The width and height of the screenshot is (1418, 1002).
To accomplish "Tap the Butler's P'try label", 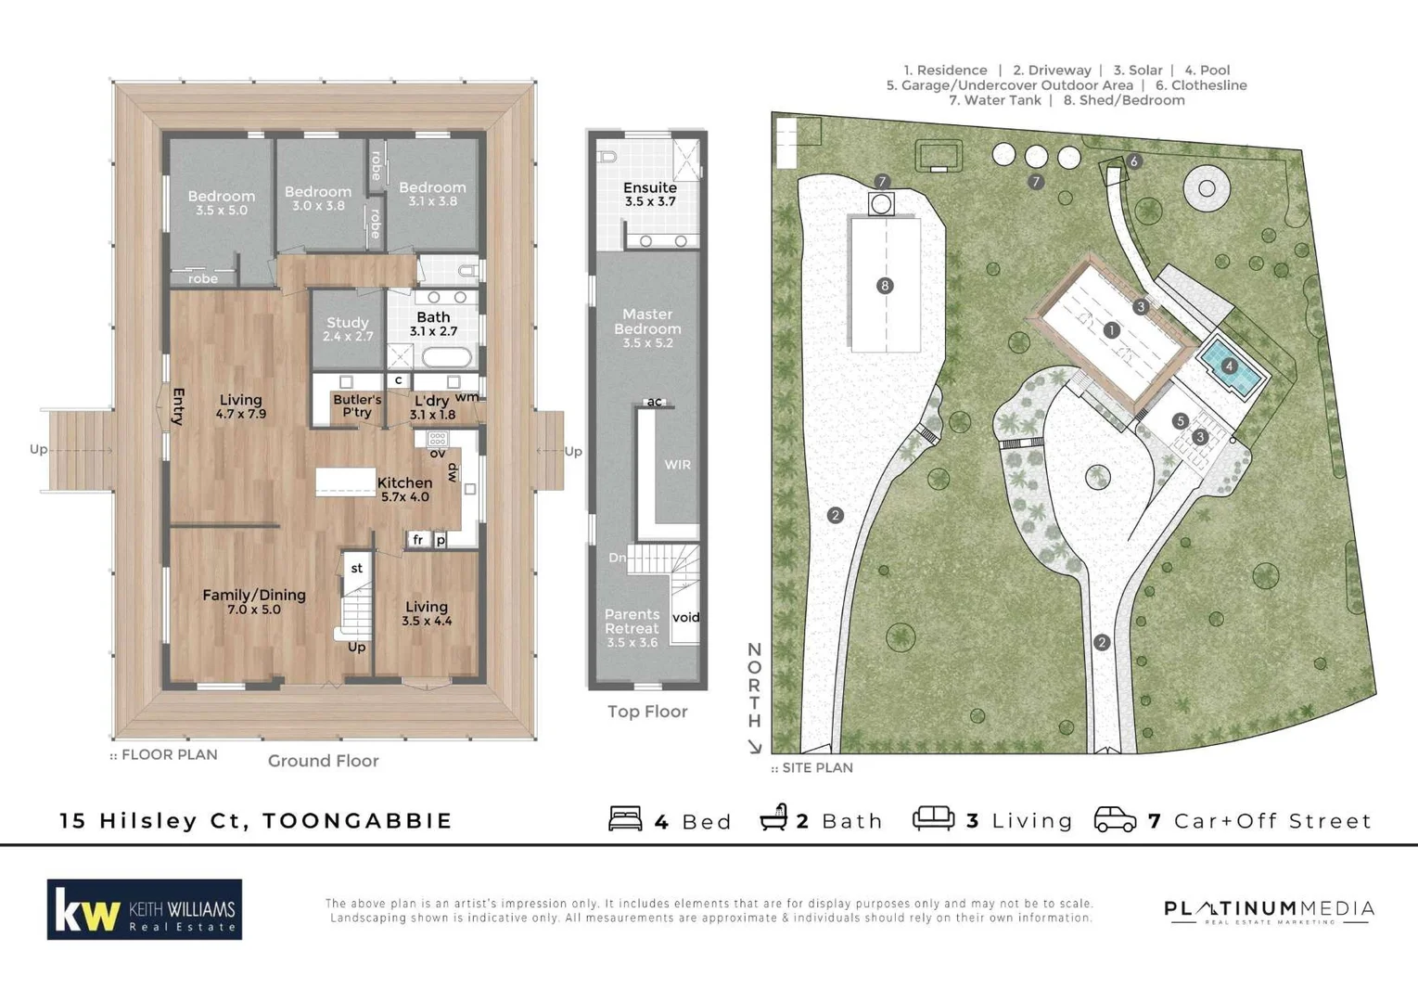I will click(x=357, y=406).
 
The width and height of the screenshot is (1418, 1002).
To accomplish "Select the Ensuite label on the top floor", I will click(x=649, y=194).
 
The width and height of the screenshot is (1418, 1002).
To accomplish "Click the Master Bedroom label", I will click(x=647, y=328).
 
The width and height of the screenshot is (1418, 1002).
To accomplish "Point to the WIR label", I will click(x=677, y=465).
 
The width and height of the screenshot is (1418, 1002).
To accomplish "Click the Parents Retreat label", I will click(x=632, y=628).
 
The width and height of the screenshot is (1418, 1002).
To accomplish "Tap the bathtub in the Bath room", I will click(x=447, y=357).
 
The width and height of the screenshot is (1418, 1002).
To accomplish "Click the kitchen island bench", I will click(x=345, y=482).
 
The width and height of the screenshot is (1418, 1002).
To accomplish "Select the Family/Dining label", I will click(x=254, y=601).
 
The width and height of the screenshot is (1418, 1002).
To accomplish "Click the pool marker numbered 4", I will click(x=1229, y=366).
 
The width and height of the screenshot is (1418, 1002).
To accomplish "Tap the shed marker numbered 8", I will click(x=885, y=286).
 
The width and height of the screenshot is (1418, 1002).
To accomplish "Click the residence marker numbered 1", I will click(x=1111, y=330).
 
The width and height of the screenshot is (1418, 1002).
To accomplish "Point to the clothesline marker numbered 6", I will click(x=1133, y=161).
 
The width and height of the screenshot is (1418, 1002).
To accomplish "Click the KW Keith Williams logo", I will click(x=145, y=909).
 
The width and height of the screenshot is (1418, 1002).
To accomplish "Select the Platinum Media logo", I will click(x=1269, y=911).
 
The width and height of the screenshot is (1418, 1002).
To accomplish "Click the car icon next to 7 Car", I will click(x=1115, y=820).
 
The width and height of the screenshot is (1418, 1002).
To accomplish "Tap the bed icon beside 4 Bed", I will click(x=625, y=819).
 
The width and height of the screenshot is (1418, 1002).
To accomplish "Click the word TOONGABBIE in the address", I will click(x=358, y=821).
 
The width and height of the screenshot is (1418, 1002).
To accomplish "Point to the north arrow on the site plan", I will click(x=755, y=746).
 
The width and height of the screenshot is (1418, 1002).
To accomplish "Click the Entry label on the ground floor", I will click(x=178, y=407).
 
